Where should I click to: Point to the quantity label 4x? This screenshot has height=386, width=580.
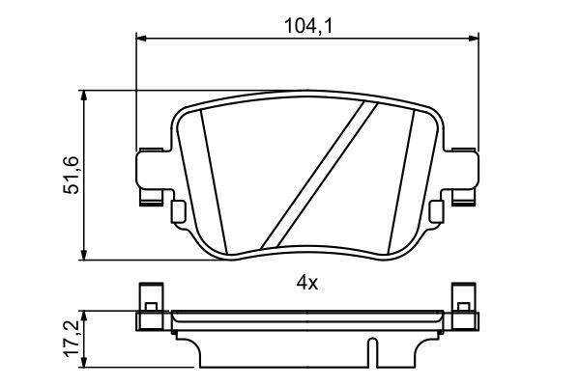(306, 283)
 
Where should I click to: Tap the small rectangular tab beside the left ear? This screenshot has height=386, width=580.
(176, 209)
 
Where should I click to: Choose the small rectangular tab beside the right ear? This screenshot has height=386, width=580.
(437, 209)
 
